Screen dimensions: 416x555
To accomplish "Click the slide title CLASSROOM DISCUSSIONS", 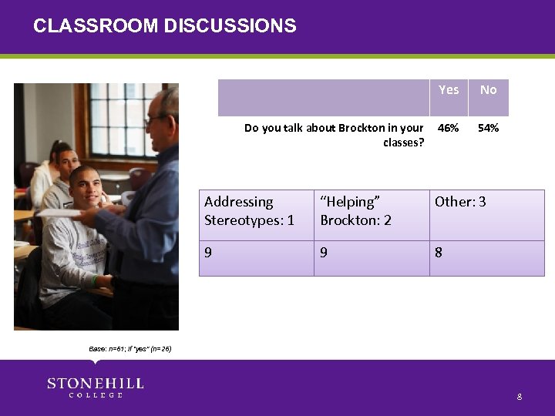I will coord(164,26).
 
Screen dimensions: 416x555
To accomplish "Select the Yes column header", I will coord(449,90).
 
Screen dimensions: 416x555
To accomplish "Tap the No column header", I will coord(488,90).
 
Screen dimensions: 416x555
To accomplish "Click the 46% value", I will coord(449,128).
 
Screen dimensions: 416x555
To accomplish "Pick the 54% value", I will coord(488,128).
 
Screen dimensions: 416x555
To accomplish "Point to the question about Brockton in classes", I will coord(334,135).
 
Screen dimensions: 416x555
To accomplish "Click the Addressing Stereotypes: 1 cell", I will coord(249,211).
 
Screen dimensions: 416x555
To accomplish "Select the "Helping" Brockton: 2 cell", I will coord(355,211).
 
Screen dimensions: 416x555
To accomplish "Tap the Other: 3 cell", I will coord(460,202).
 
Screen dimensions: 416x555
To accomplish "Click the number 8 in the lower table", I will coord(439,251).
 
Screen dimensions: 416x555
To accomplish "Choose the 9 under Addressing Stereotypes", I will coord(208,251).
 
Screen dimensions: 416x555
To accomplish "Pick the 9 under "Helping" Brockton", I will coord(324,251).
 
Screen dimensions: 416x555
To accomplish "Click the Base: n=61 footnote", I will coord(129,349).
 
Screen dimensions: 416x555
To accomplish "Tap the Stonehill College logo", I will coord(95,387).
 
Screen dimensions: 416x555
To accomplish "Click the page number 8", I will coord(520,397).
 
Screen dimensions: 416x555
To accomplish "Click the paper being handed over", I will coord(69,213).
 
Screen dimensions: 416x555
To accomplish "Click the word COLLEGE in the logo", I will coord(96,395).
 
